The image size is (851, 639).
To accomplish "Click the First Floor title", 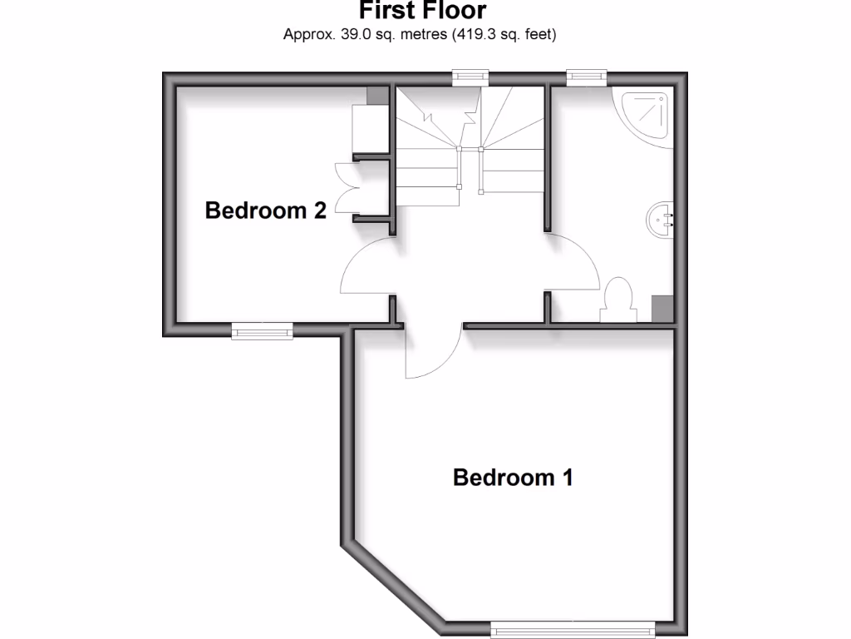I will [x=422, y=12].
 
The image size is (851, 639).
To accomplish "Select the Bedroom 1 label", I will [x=513, y=478].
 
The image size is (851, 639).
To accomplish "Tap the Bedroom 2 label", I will [x=265, y=211].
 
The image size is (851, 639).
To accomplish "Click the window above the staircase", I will [x=470, y=77].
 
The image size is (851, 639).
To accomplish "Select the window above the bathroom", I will [x=587, y=77].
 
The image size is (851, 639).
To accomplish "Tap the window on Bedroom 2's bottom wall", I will [x=262, y=332].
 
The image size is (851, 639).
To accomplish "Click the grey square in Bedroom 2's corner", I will [x=377, y=95].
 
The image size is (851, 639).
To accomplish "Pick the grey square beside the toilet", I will [x=662, y=307].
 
